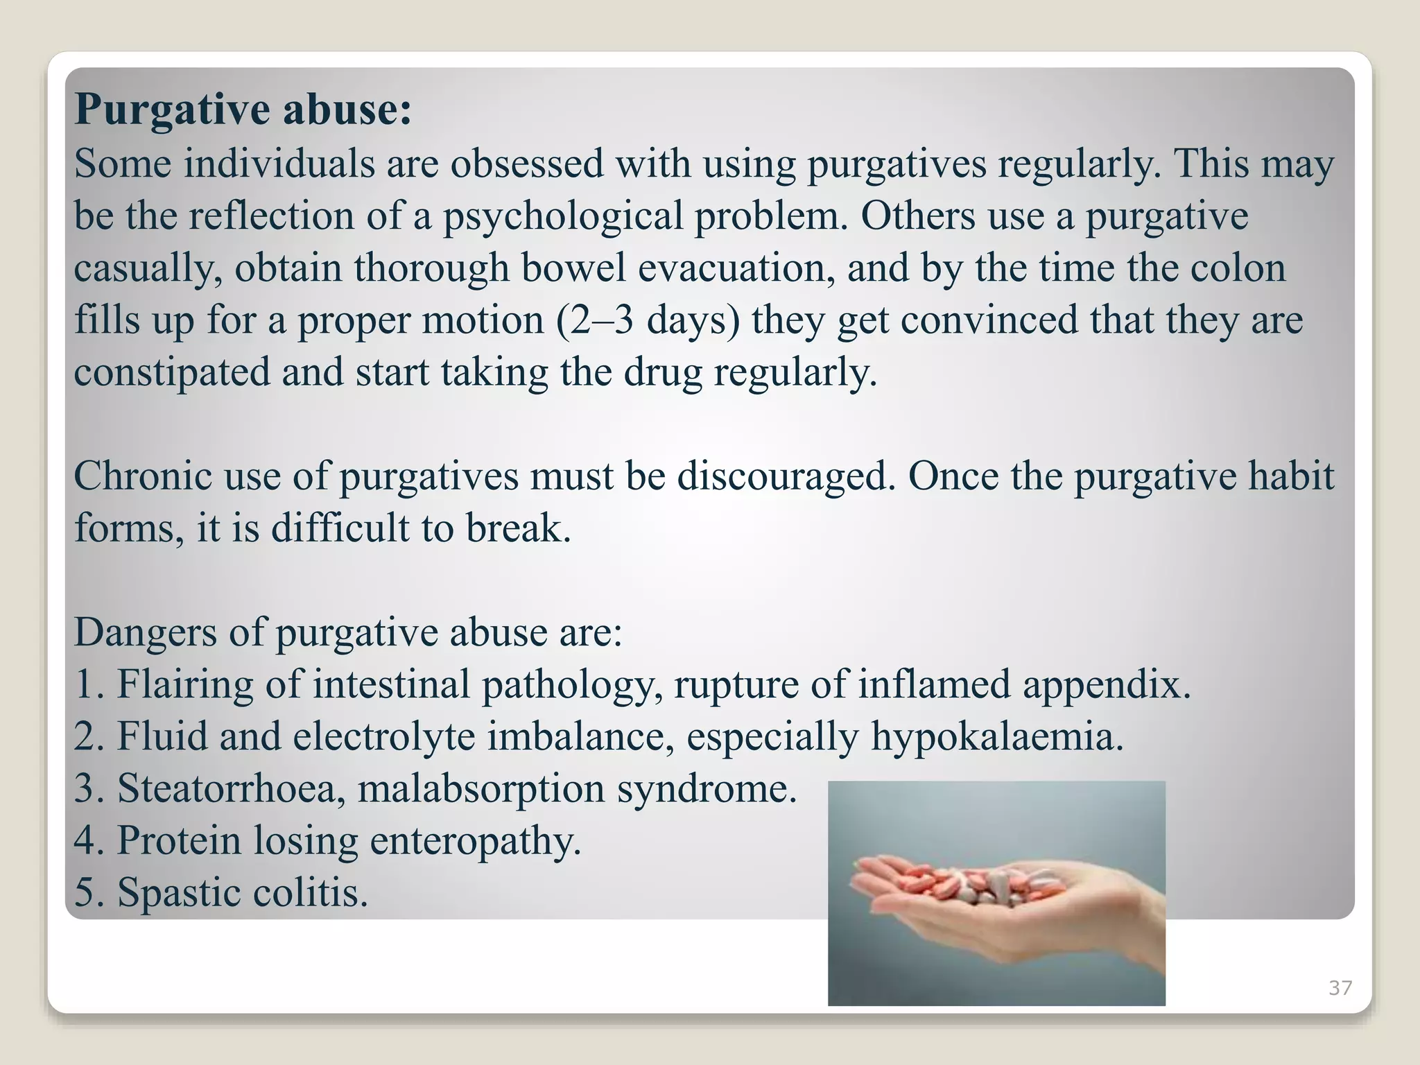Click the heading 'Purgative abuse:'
[243, 110]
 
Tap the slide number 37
[1340, 988]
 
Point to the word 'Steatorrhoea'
[226, 788]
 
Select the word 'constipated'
[172, 373]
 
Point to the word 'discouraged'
[782, 477]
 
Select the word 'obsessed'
[527, 164]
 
